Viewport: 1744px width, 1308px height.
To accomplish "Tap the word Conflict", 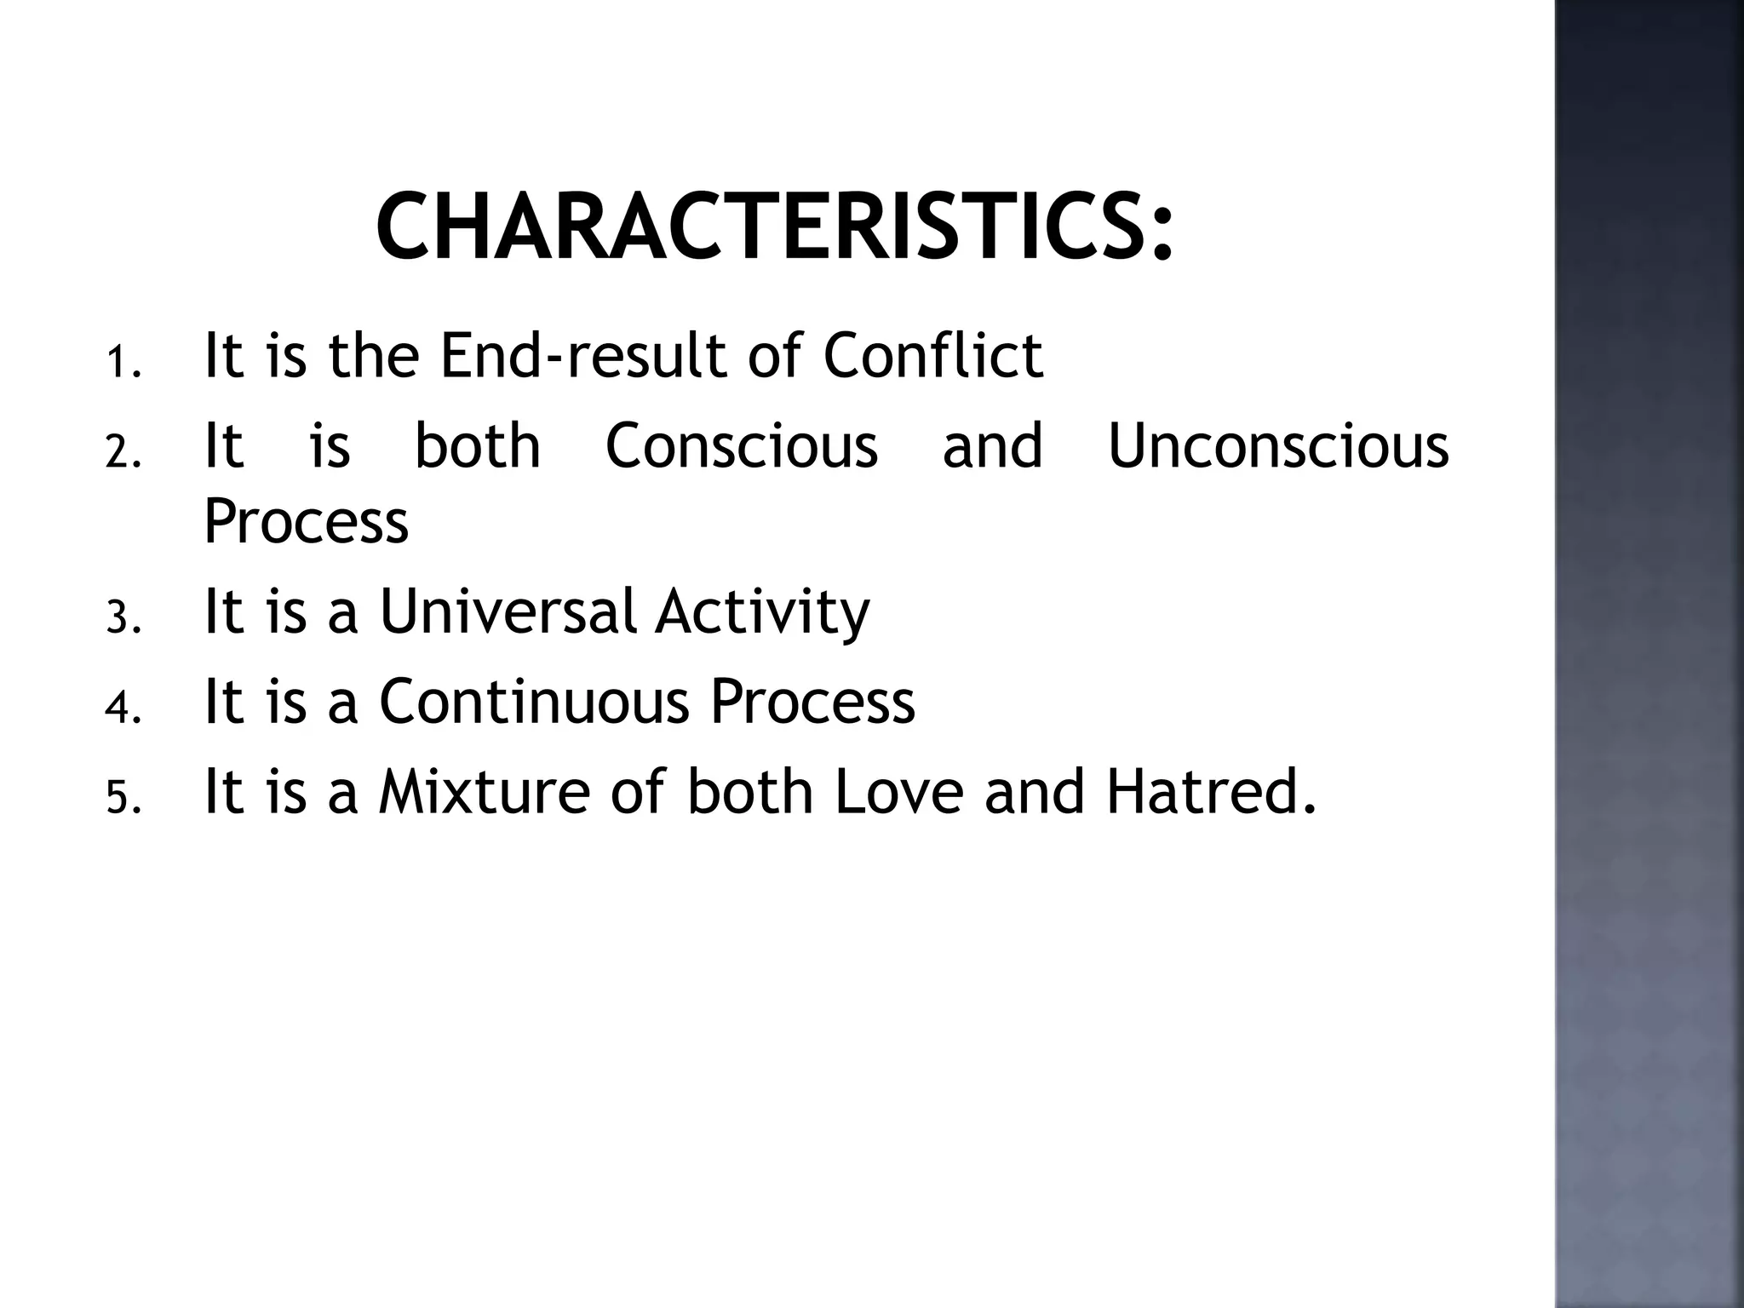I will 932,356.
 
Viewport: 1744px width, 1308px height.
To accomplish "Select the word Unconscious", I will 1278,446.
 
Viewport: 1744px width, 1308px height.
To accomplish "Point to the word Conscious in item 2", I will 741,446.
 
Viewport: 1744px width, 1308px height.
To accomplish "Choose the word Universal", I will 508,611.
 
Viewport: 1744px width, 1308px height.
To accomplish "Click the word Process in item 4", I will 812,702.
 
